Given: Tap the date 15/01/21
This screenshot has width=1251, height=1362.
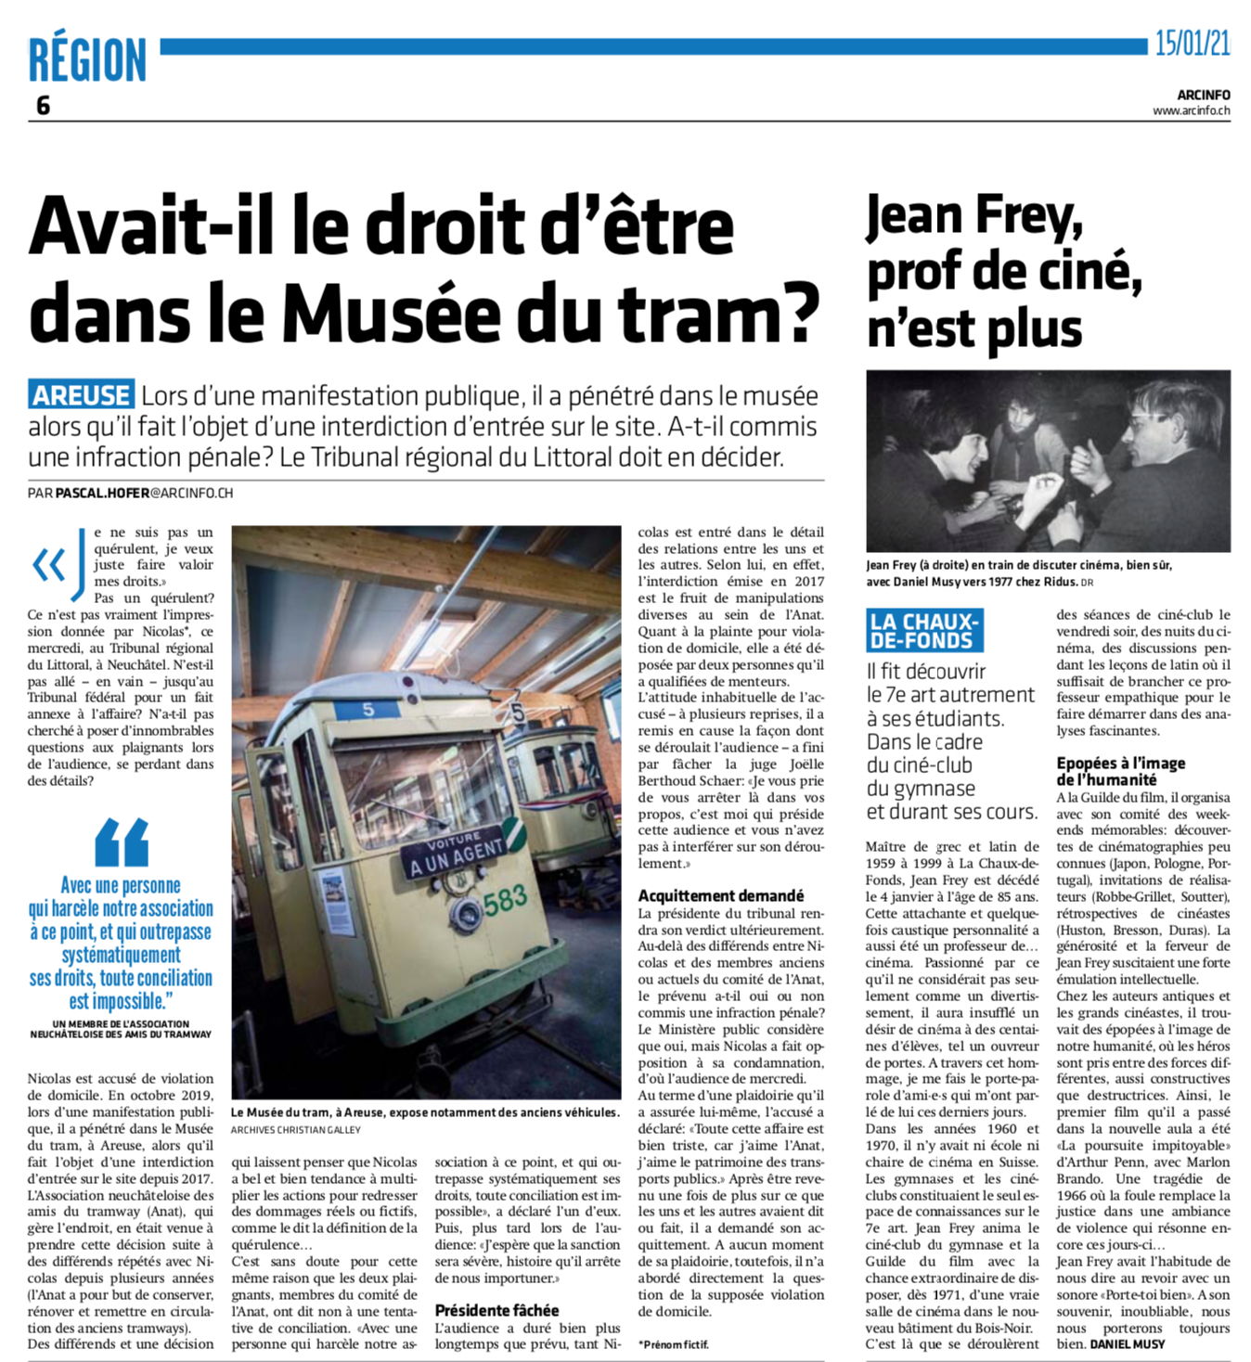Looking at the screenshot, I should point(1192,43).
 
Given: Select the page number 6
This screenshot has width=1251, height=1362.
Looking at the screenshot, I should point(43,106).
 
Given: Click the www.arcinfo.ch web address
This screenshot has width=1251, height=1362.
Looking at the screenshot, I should point(1191,110).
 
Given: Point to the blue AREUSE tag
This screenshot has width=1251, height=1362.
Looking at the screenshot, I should point(82,395).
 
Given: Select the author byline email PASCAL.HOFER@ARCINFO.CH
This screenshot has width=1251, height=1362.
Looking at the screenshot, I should point(144,493).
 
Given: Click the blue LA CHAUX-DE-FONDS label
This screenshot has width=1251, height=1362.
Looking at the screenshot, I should point(922,631).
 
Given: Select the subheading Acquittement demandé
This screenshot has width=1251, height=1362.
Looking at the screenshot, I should point(720,895).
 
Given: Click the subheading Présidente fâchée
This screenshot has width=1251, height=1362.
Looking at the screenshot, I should point(497,1310).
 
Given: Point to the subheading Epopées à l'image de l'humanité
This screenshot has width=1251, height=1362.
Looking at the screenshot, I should point(1120,771).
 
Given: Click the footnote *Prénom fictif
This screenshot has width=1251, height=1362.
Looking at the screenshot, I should point(672,1343).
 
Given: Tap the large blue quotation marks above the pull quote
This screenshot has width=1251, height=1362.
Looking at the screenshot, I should point(122,842).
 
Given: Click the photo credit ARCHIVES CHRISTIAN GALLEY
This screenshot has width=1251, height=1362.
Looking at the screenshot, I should point(295,1129).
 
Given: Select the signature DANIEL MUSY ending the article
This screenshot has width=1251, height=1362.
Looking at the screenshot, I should point(1128,1343).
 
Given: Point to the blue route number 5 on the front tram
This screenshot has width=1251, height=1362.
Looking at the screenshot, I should point(368,710).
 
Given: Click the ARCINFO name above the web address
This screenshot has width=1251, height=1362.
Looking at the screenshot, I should point(1203,95).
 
